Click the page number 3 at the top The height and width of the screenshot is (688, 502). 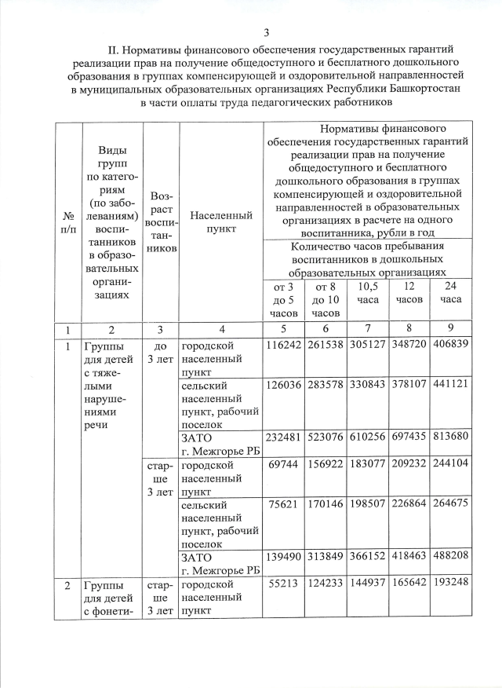[x=267, y=32]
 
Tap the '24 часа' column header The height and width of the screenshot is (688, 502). [x=451, y=293]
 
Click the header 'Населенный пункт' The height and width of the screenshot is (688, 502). [x=220, y=221]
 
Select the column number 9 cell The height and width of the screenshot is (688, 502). [x=451, y=328]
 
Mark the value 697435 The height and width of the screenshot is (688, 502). [x=409, y=437]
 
